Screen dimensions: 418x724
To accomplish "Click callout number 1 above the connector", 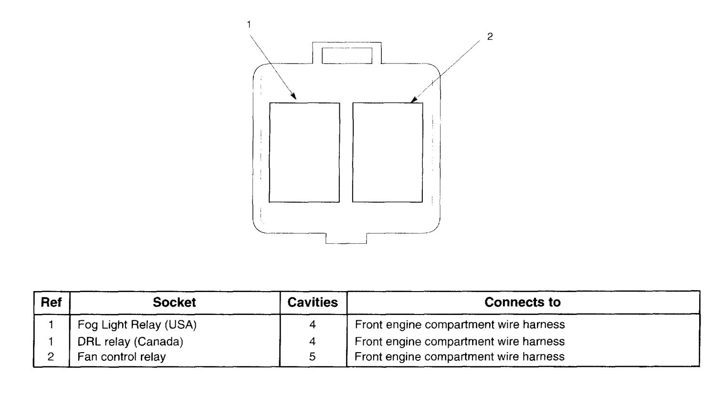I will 249,24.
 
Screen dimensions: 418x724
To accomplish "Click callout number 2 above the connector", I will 489,37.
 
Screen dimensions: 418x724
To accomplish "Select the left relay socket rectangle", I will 304,152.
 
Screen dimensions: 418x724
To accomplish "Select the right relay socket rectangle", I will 388,152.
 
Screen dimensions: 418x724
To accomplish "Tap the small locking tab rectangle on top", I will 347,55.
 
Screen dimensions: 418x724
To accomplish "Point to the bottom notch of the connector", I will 346,238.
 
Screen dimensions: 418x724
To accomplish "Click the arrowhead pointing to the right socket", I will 413,101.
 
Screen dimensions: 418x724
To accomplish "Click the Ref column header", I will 52,303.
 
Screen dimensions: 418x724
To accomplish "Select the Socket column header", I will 174,303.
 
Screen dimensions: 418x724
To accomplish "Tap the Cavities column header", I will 313,303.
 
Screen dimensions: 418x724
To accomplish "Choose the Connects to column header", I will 522,303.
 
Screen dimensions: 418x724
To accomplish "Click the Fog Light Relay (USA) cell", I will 137,325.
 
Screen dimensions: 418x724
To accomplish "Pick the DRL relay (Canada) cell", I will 130,342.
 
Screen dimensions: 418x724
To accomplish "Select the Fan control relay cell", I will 122,357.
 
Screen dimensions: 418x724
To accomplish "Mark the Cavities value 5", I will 313,357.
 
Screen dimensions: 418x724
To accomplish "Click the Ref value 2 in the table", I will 51,357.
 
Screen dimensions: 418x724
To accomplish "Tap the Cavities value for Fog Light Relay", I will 313,325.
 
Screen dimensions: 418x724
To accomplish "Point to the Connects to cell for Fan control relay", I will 460,357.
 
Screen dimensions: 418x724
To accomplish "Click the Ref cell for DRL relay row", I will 51,342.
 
